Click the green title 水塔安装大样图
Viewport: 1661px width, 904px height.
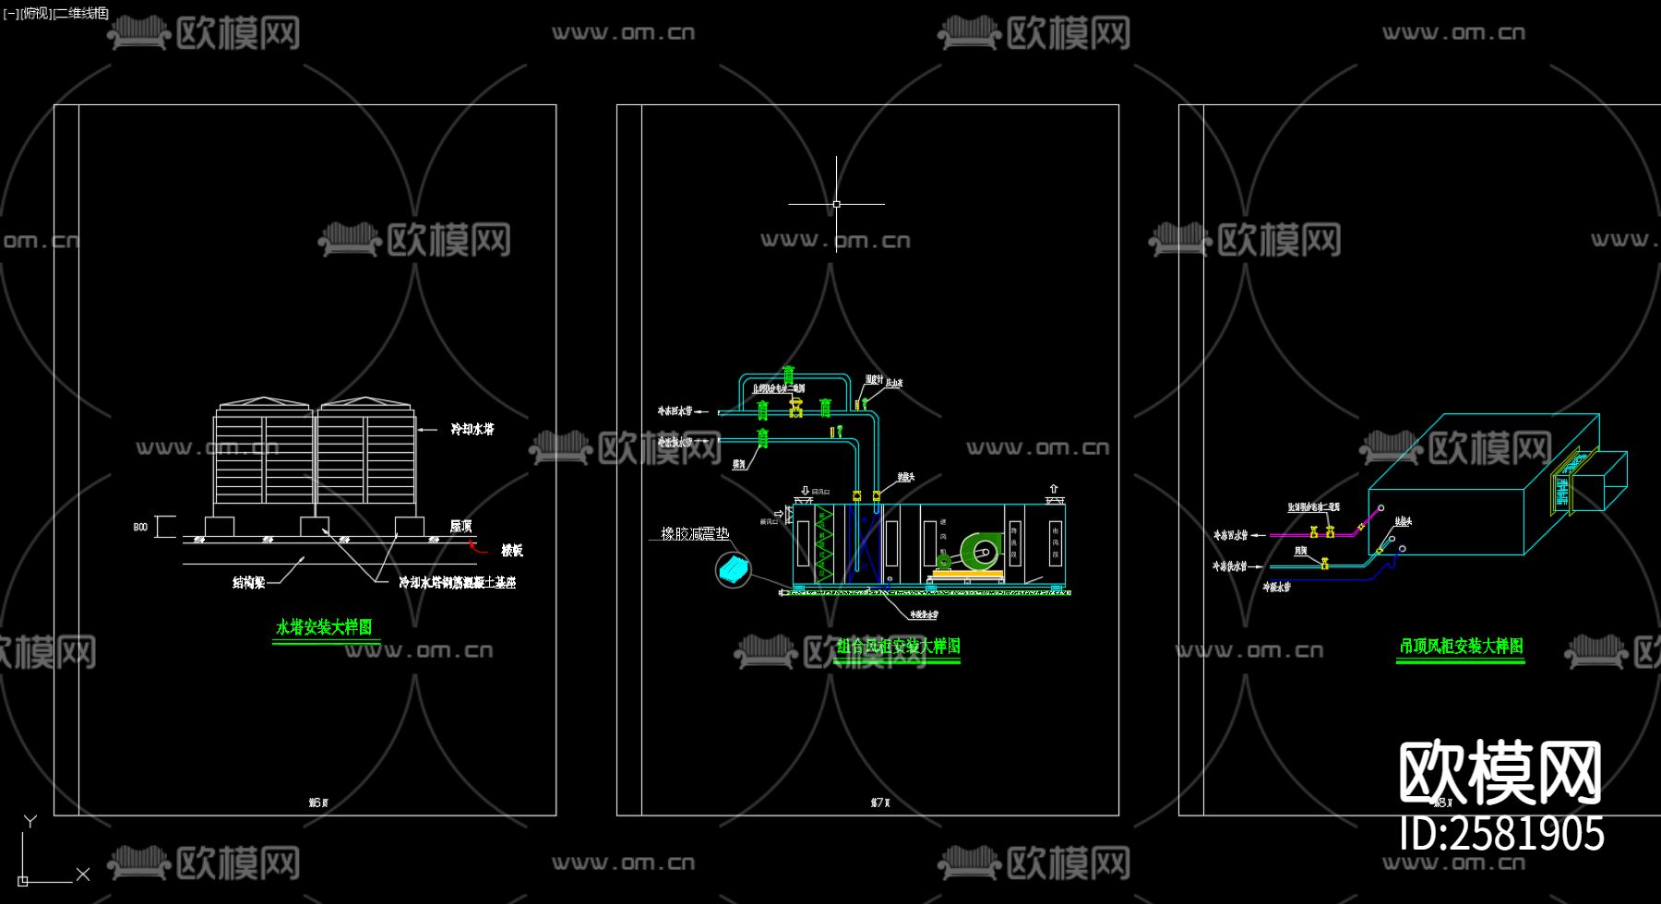click(x=324, y=627)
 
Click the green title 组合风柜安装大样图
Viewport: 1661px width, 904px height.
click(x=898, y=646)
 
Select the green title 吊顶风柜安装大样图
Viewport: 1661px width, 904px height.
click(x=1460, y=646)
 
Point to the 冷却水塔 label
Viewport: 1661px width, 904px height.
click(x=472, y=429)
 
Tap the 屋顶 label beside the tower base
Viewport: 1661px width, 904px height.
click(x=460, y=526)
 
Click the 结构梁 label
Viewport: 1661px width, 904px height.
click(x=248, y=582)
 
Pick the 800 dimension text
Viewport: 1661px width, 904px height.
click(x=140, y=527)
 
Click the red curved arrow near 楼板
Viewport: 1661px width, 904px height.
click(x=474, y=545)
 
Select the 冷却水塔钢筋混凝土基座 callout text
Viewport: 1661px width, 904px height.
click(x=457, y=582)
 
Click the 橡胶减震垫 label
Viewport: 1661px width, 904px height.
click(x=695, y=533)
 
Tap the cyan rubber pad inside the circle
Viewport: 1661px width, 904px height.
click(x=735, y=569)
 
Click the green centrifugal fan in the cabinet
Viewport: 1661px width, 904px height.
click(x=978, y=552)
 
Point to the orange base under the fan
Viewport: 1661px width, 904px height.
click(x=967, y=574)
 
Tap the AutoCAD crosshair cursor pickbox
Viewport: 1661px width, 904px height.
click(x=836, y=204)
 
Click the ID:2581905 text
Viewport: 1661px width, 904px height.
click(x=1501, y=833)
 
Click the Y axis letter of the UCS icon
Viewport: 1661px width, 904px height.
click(x=30, y=821)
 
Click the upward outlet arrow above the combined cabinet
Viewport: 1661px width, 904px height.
click(x=1053, y=489)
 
